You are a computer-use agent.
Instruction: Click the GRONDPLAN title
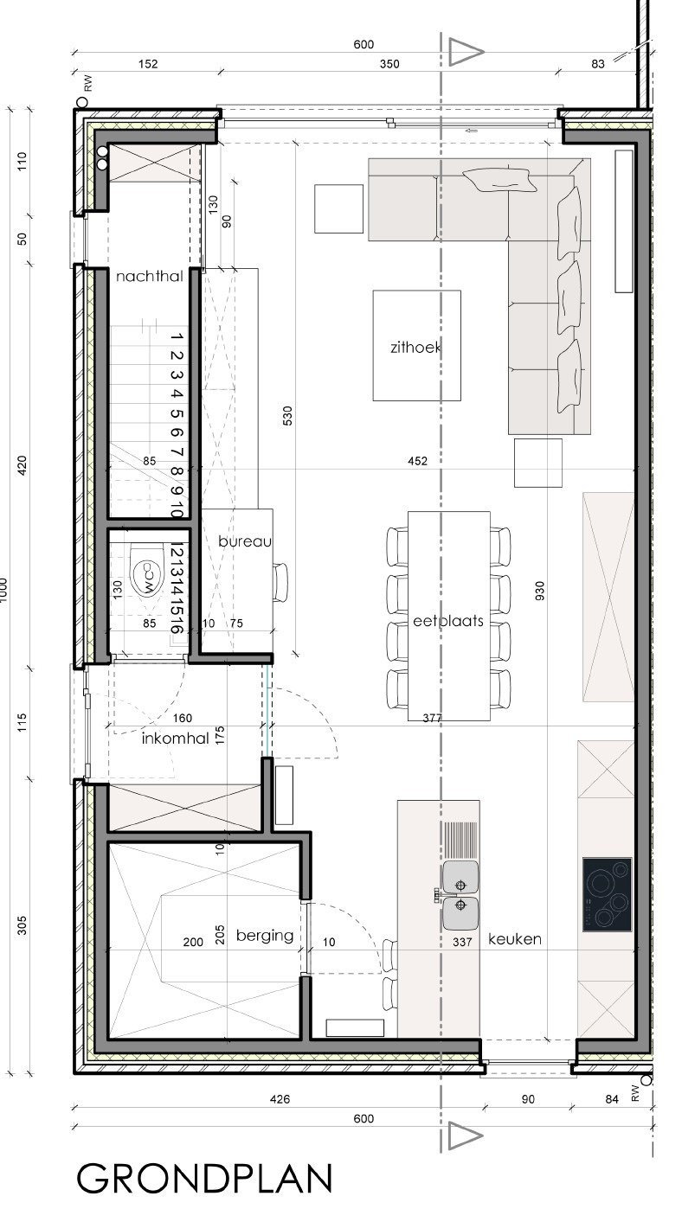tap(204, 1178)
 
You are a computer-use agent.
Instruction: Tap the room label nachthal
tap(150, 277)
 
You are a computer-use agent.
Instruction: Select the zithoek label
tap(415, 347)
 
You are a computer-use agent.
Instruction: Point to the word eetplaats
tap(447, 621)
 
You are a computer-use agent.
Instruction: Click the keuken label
tap(515, 939)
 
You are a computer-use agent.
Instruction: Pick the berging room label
tap(265, 936)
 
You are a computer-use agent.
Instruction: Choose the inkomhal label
tap(175, 739)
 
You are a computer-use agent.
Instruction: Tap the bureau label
tap(245, 541)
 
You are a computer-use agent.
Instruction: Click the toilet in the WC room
tap(145, 570)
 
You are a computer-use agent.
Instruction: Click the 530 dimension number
tap(287, 416)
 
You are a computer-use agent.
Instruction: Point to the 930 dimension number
tap(539, 591)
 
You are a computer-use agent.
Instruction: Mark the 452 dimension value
tap(417, 461)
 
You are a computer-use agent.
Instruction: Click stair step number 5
tap(177, 413)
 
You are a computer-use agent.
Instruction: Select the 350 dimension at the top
tap(389, 64)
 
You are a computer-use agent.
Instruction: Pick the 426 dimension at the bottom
tap(280, 1099)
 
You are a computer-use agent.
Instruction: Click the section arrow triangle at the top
tap(466, 53)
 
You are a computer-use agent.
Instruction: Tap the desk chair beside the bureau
tap(280, 582)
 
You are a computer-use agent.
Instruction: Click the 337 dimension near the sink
tap(462, 942)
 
